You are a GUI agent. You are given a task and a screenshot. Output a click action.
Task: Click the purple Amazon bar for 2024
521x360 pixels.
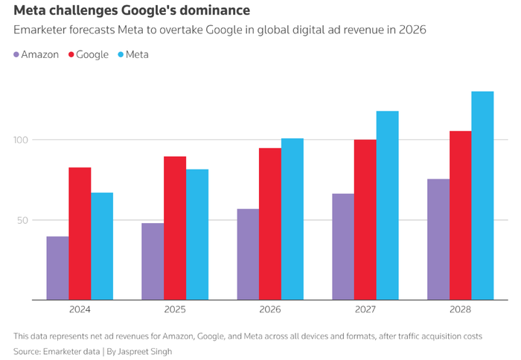(x=57, y=269)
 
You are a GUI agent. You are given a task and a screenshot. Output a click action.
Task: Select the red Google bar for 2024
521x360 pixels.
(x=80, y=234)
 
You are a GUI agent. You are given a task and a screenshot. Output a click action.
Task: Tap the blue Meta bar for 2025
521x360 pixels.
(x=197, y=234)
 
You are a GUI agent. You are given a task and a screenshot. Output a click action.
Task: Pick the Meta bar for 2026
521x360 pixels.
(x=293, y=219)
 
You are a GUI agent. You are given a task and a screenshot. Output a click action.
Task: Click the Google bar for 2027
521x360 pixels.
(x=365, y=219)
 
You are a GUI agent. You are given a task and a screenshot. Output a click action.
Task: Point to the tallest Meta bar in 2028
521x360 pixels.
(x=482, y=196)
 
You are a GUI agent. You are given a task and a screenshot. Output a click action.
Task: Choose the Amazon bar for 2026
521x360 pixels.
(x=248, y=254)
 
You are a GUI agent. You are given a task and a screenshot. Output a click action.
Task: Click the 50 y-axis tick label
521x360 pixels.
(x=23, y=220)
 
